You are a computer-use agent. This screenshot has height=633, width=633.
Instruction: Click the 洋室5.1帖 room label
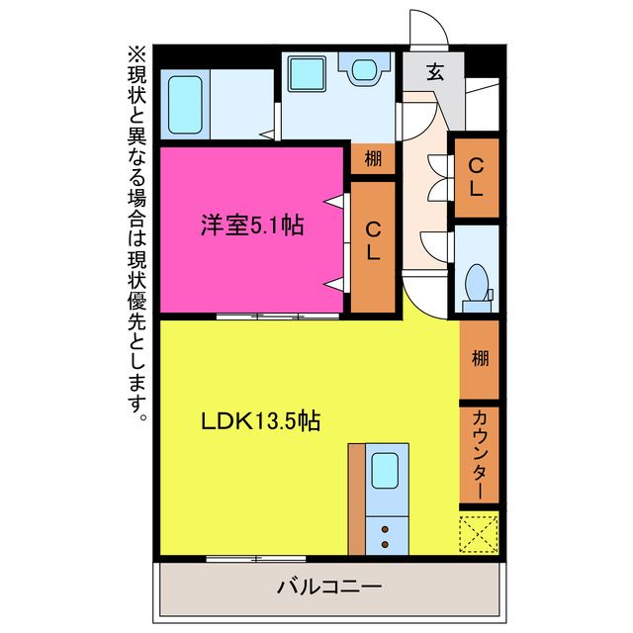point(251,226)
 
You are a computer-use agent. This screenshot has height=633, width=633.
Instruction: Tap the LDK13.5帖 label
point(259,420)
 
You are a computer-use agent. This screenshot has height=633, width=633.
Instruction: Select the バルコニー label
point(329,587)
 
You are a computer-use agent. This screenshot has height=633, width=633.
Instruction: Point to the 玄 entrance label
point(434,71)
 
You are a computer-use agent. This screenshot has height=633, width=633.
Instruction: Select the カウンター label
point(479,454)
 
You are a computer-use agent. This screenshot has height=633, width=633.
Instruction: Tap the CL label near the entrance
point(476,177)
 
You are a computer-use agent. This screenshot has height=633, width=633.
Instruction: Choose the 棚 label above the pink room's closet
point(373,159)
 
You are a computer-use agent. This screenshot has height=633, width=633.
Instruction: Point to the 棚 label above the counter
point(480,357)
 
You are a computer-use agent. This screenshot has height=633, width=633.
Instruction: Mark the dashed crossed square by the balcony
point(479,533)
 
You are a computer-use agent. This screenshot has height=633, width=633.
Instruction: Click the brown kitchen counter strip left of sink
point(356,498)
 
